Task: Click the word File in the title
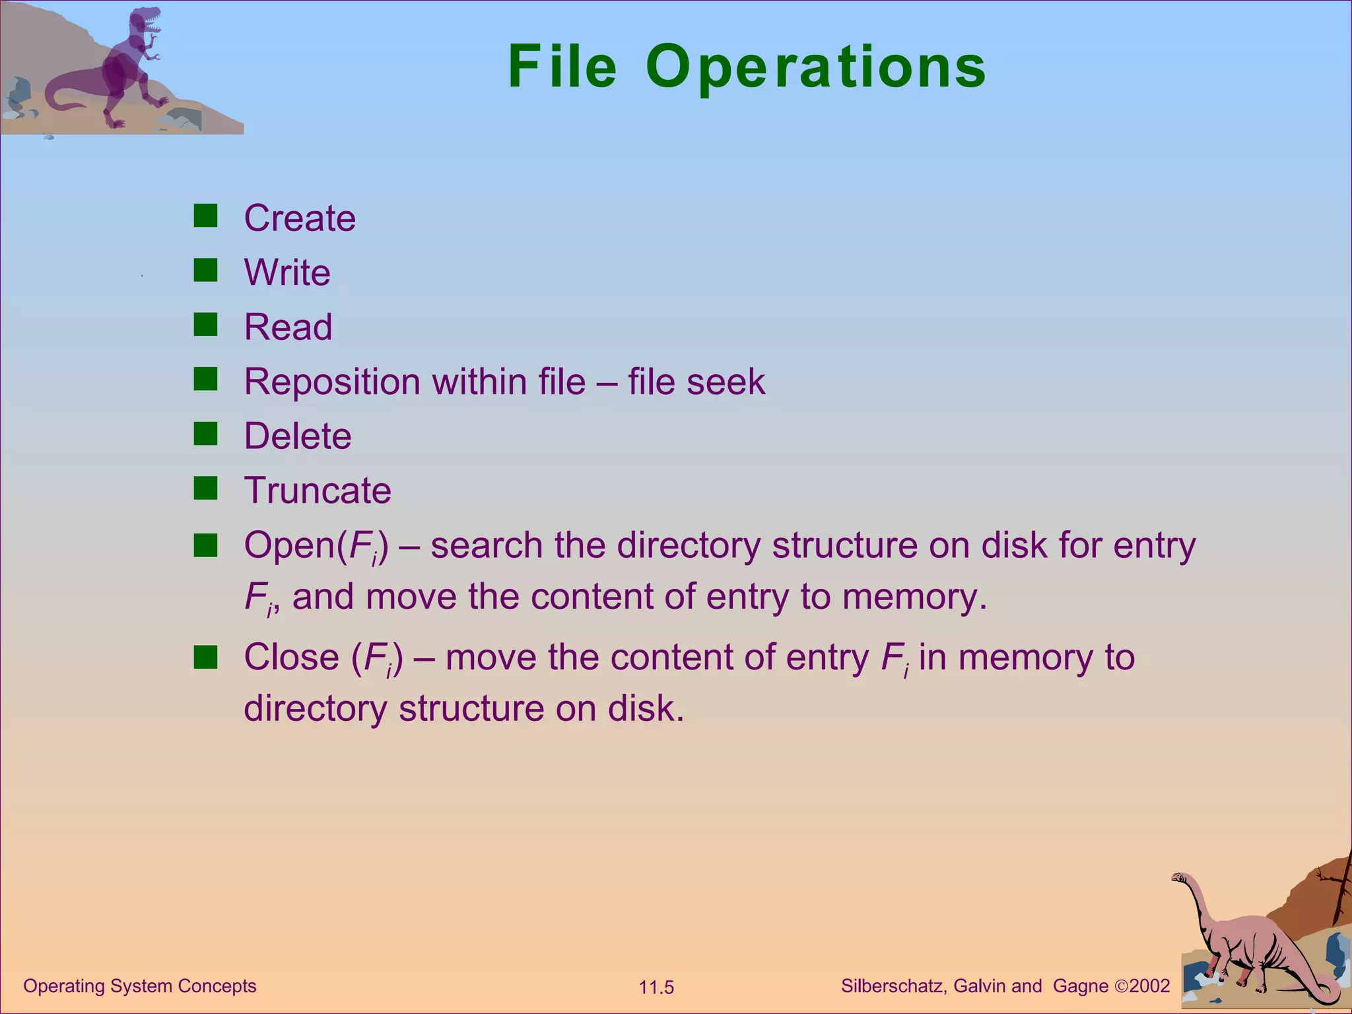pyautogui.click(x=562, y=67)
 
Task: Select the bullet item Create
pyautogui.click(x=300, y=219)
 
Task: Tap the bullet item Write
pyautogui.click(x=287, y=273)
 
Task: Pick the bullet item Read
pyautogui.click(x=288, y=327)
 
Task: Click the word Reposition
pyautogui.click(x=332, y=383)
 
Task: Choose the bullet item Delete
pyautogui.click(x=298, y=436)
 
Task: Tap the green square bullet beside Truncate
pyautogui.click(x=205, y=489)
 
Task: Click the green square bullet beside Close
pyautogui.click(x=205, y=658)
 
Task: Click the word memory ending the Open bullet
pyautogui.click(x=914, y=597)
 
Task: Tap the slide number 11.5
pyautogui.click(x=656, y=988)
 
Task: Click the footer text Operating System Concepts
pyautogui.click(x=139, y=986)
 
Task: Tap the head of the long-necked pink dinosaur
pyautogui.click(x=1179, y=878)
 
